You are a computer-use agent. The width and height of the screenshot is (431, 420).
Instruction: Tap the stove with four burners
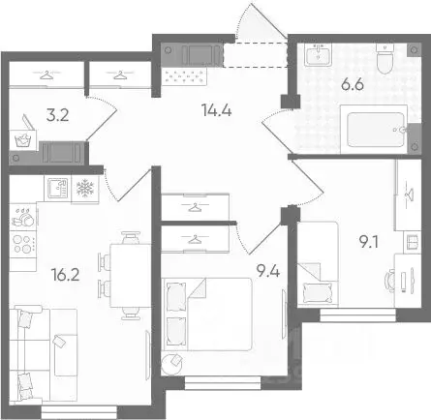23,230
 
